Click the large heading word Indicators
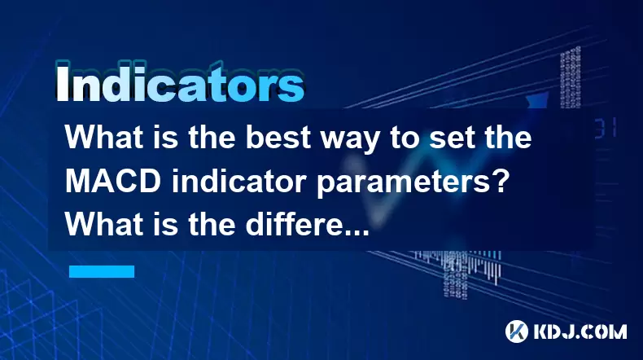(180, 83)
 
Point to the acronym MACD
(113, 181)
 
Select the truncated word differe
(295, 224)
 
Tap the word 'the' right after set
(505, 137)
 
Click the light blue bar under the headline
(102, 271)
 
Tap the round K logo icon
(517, 331)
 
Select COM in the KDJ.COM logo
(606, 331)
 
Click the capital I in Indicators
(62, 84)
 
